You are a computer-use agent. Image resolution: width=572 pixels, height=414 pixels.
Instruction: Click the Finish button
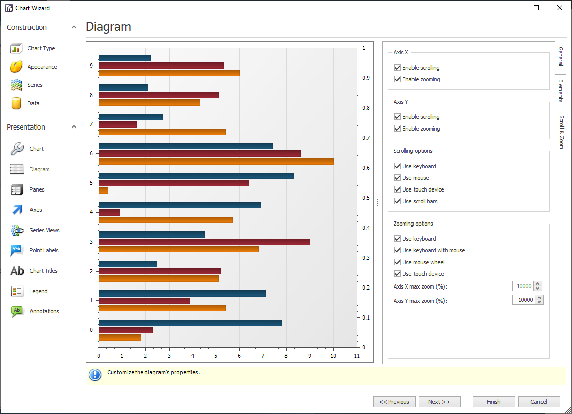coord(493,402)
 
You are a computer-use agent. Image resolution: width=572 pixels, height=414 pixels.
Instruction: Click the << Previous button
coord(394,402)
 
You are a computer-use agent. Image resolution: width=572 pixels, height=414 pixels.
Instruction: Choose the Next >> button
coord(439,402)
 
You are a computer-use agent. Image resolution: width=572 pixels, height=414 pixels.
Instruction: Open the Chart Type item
coord(41,48)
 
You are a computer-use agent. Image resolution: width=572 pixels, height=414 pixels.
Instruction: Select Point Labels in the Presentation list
coord(44,250)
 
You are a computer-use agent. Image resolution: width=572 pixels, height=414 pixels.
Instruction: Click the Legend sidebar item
coord(38,291)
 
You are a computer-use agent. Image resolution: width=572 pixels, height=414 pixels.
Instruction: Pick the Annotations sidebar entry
coord(44,311)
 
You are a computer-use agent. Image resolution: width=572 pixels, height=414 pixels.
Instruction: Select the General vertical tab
coord(561,56)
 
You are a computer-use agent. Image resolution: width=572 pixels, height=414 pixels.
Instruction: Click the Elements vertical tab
coord(561,90)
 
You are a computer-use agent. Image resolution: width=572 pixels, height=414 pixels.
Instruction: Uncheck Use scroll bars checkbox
coord(398,201)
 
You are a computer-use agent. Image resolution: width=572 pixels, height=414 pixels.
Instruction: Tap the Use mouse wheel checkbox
coord(398,262)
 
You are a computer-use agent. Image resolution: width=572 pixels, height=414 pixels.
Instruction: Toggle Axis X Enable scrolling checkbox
coord(398,68)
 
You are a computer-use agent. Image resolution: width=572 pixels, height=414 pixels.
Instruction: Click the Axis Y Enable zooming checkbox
coord(398,129)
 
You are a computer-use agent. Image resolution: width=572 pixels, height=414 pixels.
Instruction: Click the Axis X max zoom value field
coord(524,286)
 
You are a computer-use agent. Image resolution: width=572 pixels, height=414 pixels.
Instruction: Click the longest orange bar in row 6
coord(216,161)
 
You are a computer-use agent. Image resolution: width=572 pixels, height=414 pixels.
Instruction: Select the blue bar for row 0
coord(190,323)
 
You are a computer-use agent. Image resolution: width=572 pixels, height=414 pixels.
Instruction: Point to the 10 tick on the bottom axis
coord(333,356)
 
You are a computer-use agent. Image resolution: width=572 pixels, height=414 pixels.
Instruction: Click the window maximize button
coord(536,8)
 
